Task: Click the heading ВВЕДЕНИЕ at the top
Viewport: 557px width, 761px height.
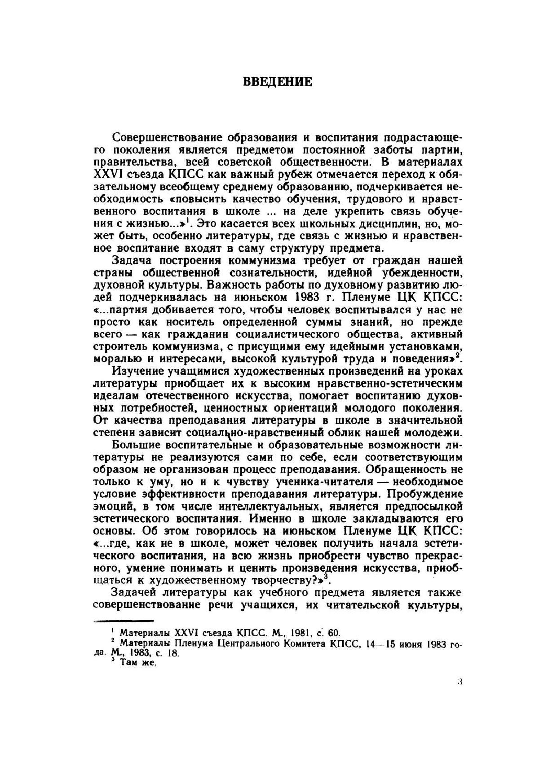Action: (277, 82)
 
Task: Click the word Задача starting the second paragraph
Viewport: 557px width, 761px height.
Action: (133, 261)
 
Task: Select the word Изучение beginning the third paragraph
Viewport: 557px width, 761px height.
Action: (137, 371)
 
